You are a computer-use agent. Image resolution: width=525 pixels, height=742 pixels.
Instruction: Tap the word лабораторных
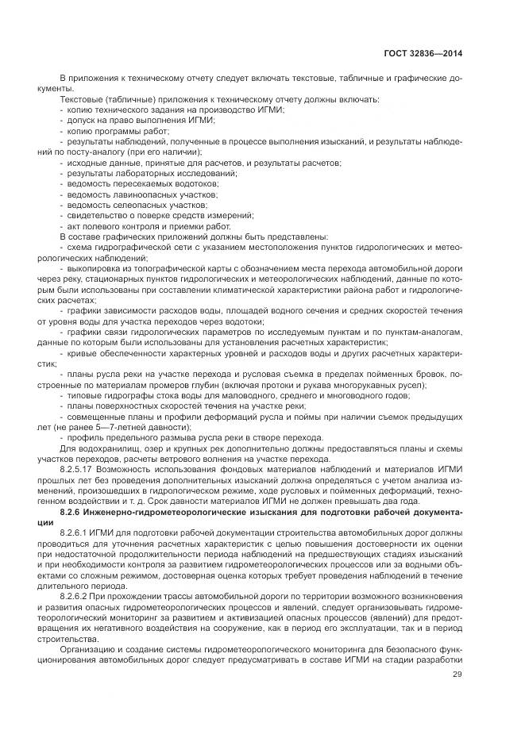pos(141,173)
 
